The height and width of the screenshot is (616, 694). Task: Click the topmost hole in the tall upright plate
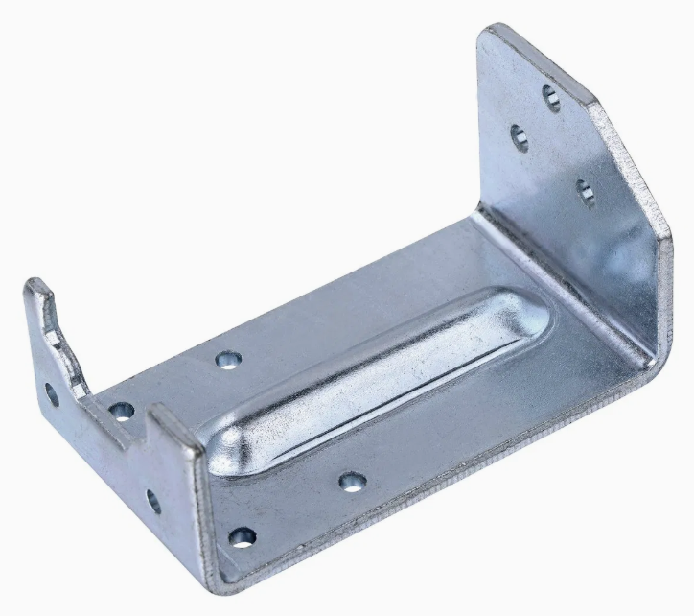[551, 96]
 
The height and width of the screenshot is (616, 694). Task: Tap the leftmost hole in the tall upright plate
[519, 137]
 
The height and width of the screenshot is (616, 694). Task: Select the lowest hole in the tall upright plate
[586, 191]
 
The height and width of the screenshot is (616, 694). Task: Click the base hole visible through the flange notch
[122, 412]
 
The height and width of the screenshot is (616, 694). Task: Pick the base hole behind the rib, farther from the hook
[227, 360]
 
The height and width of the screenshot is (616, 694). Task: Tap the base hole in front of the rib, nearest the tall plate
[352, 481]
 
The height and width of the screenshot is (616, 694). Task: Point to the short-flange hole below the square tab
[153, 500]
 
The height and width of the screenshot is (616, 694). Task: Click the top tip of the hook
[34, 285]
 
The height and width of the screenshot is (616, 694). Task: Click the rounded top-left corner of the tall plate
[491, 34]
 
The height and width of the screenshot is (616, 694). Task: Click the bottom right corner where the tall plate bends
[652, 360]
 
